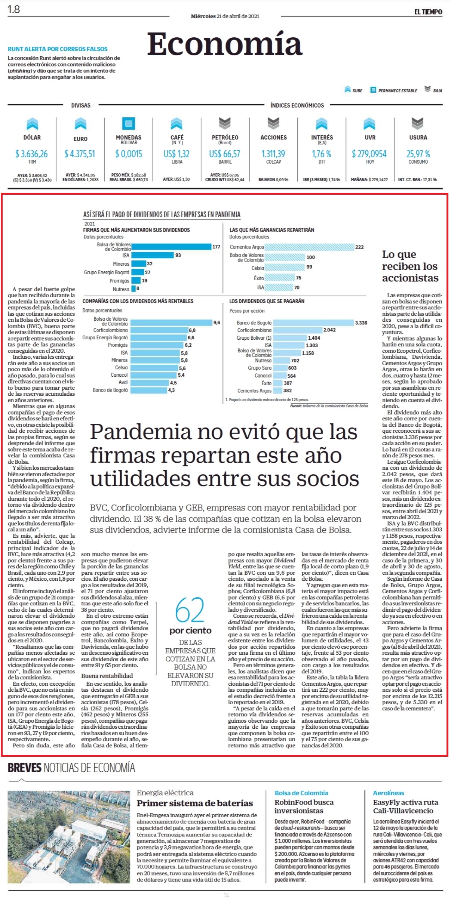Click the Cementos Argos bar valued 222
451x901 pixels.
(309, 247)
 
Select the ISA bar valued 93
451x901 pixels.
(153, 255)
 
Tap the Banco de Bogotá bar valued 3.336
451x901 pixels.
(313, 323)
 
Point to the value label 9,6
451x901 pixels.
(217, 323)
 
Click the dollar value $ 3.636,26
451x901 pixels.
(32, 154)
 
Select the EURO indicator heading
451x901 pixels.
(80, 139)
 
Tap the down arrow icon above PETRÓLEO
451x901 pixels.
(225, 123)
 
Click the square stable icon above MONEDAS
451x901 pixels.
(129, 123)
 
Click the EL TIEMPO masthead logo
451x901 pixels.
(428, 12)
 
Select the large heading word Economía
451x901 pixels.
(224, 44)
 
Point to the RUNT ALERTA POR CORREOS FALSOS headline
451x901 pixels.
(58, 49)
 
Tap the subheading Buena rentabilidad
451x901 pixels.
(107, 676)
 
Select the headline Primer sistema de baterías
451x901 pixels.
(195, 803)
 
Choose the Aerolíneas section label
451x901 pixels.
(389, 793)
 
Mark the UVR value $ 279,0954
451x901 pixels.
(369, 154)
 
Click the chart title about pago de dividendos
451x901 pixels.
(162, 215)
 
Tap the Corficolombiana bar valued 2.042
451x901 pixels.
(298, 330)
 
